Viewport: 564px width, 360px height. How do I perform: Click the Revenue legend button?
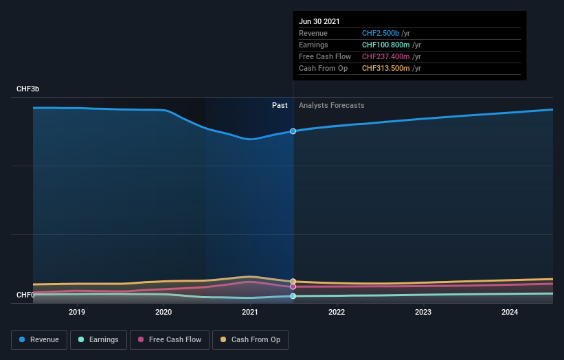pos(39,339)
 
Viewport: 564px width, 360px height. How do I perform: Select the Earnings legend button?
pos(99,339)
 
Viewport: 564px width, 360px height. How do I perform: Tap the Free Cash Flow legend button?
pos(169,339)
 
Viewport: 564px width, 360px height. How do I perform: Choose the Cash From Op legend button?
pos(250,339)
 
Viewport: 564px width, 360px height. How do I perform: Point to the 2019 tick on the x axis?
pos(77,312)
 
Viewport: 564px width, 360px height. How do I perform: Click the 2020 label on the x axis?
pos(163,312)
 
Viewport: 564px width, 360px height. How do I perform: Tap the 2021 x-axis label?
pos(250,312)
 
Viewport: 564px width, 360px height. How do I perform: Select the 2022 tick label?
pos(337,312)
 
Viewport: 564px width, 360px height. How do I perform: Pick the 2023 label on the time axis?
pos(423,312)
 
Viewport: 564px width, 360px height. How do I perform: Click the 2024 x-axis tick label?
pos(510,312)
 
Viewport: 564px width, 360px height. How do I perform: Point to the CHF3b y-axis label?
pos(29,89)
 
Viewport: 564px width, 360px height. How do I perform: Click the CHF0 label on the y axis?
pos(25,295)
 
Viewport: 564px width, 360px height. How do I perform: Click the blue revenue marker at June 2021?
pos(293,131)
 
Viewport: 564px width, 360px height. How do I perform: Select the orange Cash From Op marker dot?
pos(293,282)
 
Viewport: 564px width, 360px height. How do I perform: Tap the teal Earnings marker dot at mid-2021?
pos(293,296)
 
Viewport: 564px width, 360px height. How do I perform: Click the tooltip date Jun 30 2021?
pos(319,22)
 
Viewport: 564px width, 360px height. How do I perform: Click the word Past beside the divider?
pos(280,105)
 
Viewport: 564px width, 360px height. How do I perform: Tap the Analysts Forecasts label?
pos(331,105)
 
